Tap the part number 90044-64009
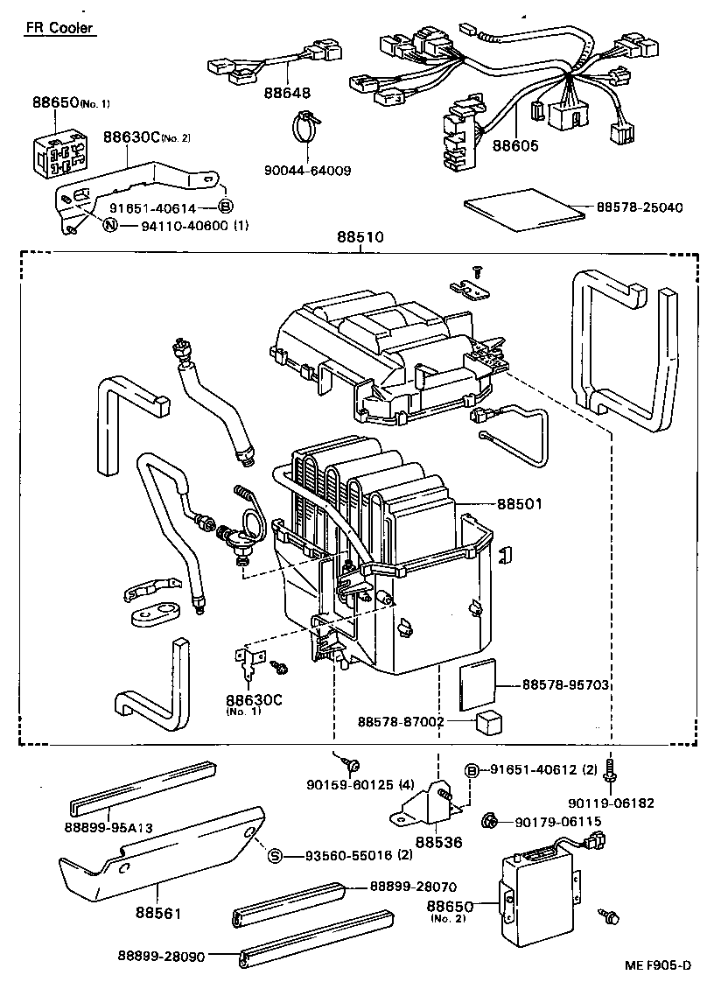pyautogui.click(x=306, y=170)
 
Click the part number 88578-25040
pyautogui.click(x=639, y=207)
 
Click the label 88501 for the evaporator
pyautogui.click(x=520, y=504)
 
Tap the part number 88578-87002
pyautogui.click(x=401, y=722)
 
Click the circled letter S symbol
pyautogui.click(x=274, y=855)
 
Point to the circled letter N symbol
pyautogui.click(x=109, y=225)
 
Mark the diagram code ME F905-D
pyautogui.click(x=657, y=965)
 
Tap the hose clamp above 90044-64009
pyautogui.click(x=305, y=131)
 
